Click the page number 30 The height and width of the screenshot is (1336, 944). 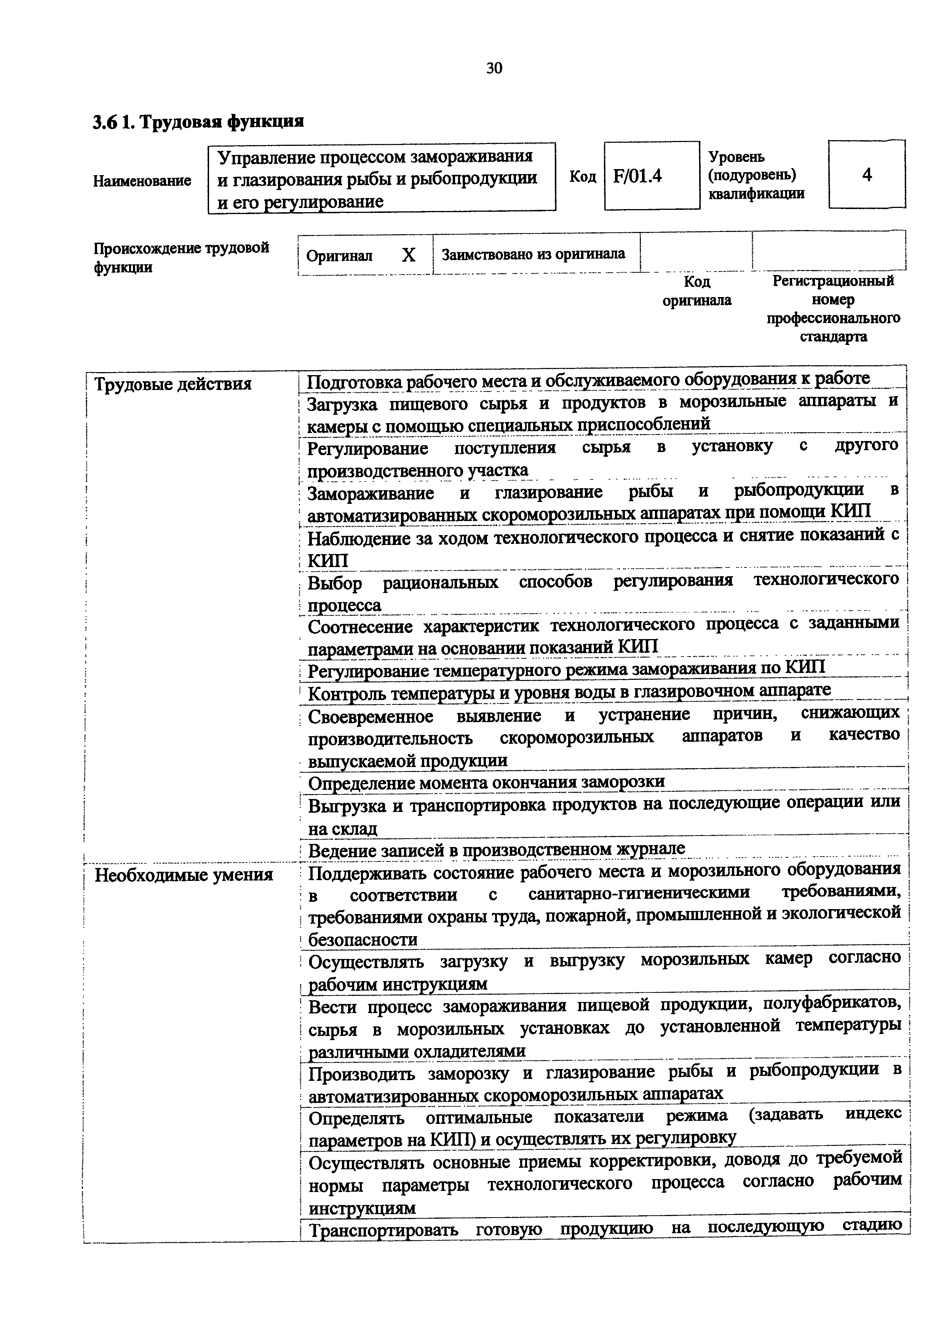tap(494, 69)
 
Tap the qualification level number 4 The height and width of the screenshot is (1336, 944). tap(867, 174)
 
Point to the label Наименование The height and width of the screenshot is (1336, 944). tap(142, 181)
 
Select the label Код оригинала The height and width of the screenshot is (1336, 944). tap(697, 291)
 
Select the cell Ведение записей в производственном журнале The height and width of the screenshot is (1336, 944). tap(496, 850)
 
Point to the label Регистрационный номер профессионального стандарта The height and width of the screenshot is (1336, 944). tap(833, 309)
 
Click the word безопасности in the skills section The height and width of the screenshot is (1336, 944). tap(363, 940)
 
